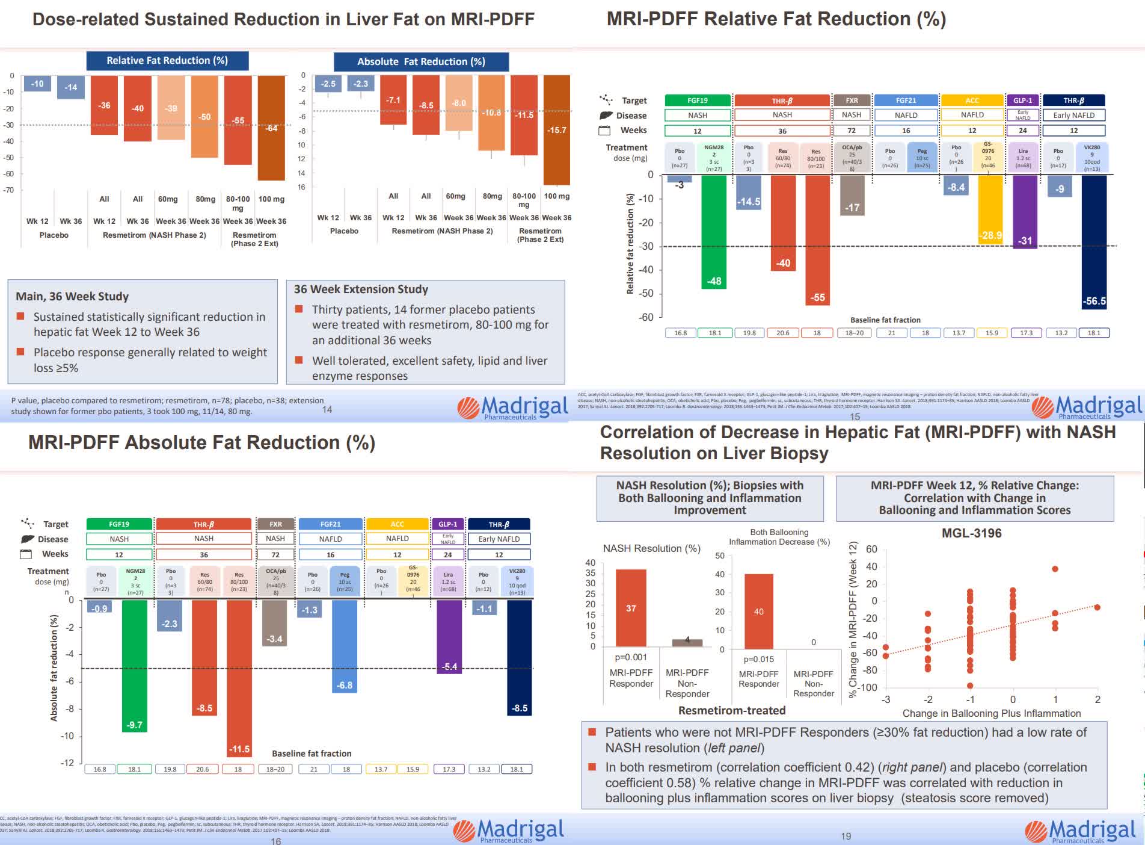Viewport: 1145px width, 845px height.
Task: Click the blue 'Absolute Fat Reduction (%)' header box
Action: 421,61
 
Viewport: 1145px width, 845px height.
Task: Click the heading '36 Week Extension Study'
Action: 361,289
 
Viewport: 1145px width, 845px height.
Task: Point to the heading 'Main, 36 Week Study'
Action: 72,296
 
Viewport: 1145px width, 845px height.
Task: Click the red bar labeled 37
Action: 631,608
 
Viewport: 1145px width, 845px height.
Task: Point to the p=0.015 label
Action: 758,659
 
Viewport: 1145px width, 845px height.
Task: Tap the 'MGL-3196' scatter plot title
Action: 971,533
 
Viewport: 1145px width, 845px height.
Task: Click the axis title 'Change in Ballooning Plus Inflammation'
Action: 991,713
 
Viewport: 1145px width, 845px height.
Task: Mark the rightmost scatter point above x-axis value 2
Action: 1097,607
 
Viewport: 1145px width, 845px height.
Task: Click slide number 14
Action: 327,409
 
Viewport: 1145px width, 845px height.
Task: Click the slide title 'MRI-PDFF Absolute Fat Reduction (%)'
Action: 201,443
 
